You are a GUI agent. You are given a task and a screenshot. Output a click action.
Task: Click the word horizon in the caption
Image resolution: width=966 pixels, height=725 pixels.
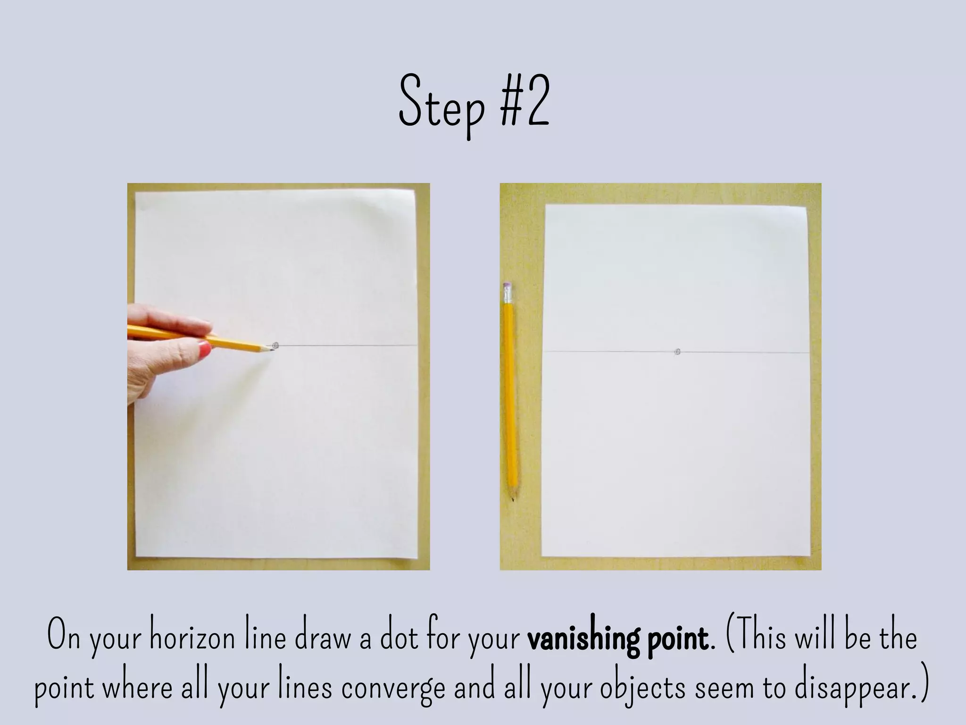pyautogui.click(x=192, y=637)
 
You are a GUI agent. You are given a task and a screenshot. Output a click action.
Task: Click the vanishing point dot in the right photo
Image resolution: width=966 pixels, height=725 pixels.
pyautogui.click(x=678, y=352)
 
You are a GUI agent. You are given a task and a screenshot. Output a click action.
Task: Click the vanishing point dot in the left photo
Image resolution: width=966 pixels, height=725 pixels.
pyautogui.click(x=276, y=346)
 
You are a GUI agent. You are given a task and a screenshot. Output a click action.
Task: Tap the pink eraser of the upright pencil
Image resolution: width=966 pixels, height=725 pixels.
pyautogui.click(x=507, y=286)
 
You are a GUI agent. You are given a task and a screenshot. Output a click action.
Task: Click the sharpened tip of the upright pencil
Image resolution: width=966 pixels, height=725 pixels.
pyautogui.click(x=513, y=498)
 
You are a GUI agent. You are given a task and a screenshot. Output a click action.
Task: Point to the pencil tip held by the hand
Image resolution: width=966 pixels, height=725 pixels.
pyautogui.click(x=271, y=349)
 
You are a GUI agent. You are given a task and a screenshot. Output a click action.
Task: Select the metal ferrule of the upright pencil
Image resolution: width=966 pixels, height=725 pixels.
pyautogui.click(x=507, y=296)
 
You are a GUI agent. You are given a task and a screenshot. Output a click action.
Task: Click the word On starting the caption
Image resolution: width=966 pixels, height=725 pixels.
pyautogui.click(x=64, y=637)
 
